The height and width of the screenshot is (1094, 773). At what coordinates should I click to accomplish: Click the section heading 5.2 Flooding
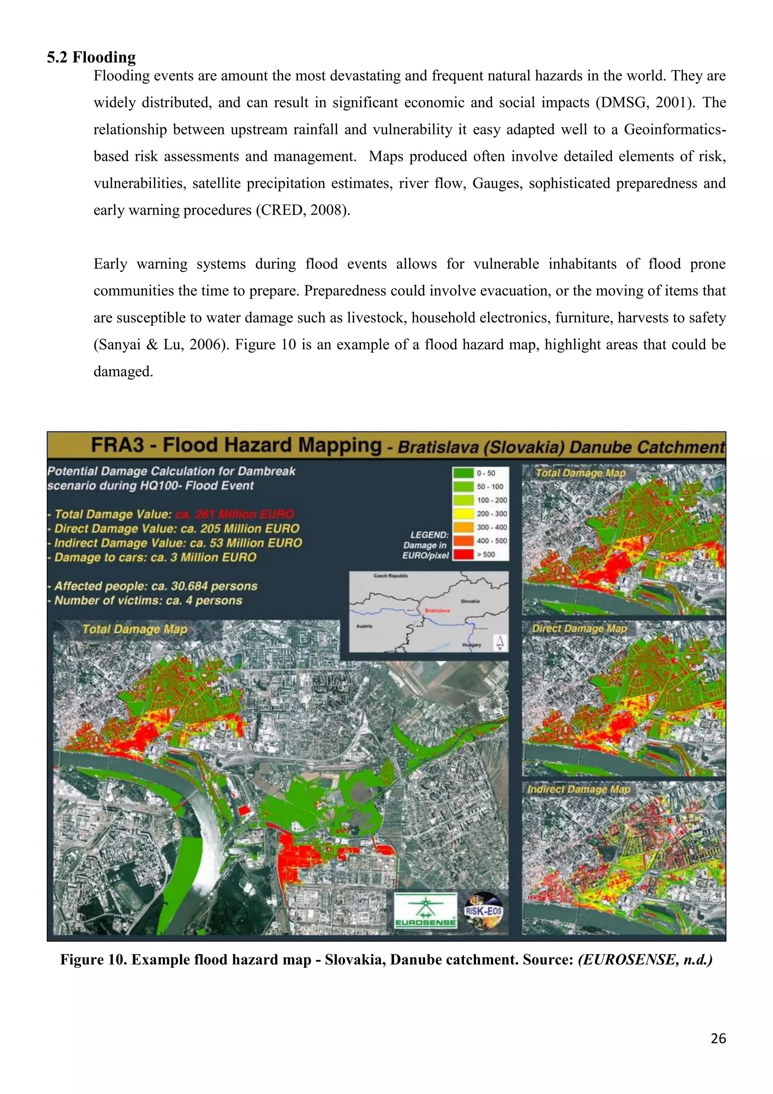(x=91, y=57)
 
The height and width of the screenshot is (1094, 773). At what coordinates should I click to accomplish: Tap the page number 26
(x=718, y=1038)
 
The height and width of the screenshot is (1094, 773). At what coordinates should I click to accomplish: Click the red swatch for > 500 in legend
(x=463, y=554)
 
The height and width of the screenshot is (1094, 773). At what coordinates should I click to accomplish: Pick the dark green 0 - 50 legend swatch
(x=463, y=473)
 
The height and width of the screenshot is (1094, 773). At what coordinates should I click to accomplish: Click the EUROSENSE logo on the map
(x=425, y=910)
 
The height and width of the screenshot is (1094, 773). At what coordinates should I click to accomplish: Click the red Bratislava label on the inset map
(x=434, y=610)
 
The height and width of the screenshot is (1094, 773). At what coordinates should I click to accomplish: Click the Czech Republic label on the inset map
(x=391, y=576)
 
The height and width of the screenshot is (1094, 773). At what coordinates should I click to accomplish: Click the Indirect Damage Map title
(x=578, y=789)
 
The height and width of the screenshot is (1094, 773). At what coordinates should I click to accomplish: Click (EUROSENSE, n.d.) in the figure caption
(x=645, y=959)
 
